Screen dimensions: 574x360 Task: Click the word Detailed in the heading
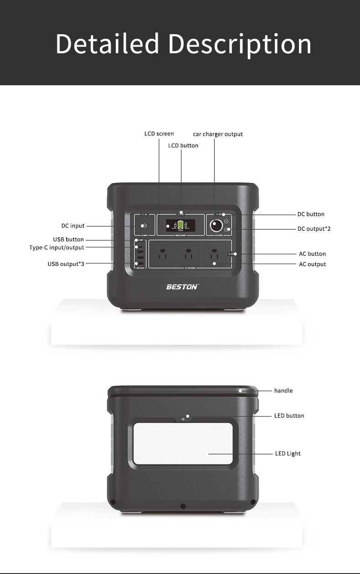click(107, 44)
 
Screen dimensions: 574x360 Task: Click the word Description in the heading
click(240, 45)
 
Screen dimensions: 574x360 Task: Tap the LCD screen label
click(159, 134)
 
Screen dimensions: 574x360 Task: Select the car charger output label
click(218, 134)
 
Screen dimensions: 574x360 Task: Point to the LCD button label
click(183, 145)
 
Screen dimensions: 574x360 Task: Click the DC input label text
click(73, 226)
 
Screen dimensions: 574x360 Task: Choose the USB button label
click(68, 239)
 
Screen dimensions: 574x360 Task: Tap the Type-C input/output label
click(57, 248)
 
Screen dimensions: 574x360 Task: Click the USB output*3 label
click(66, 264)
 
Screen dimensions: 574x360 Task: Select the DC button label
click(311, 214)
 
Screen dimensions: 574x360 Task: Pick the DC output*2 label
click(314, 228)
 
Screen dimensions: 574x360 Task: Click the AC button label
click(312, 254)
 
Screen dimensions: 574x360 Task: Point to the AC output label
click(312, 264)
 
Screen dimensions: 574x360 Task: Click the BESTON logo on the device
click(182, 287)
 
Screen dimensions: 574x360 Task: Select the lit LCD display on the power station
click(181, 226)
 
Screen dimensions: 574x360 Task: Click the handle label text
click(283, 391)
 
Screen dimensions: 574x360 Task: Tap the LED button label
click(289, 416)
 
